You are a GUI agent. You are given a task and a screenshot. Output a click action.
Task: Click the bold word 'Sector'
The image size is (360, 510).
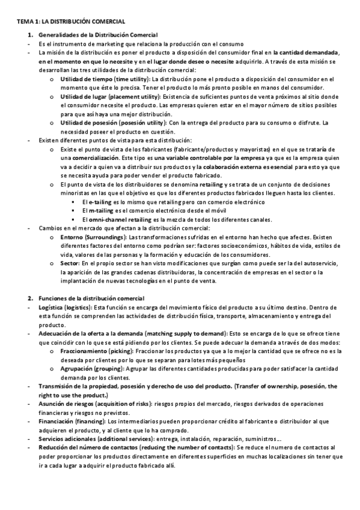pyautogui.click(x=70, y=263)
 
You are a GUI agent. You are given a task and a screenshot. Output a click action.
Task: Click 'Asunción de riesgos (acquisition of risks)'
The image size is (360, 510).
pyautogui.click(x=95, y=404)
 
